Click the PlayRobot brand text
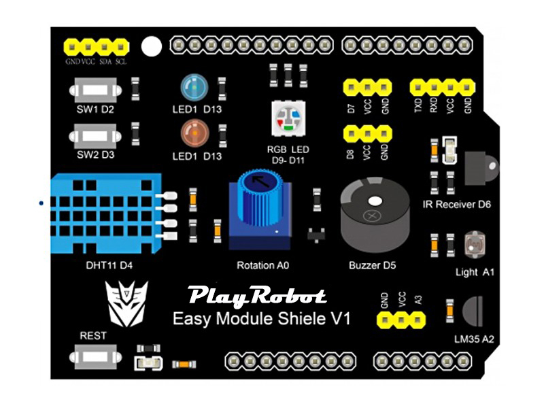pyautogui.click(x=257, y=296)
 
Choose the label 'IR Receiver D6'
pyautogui.click(x=456, y=204)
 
